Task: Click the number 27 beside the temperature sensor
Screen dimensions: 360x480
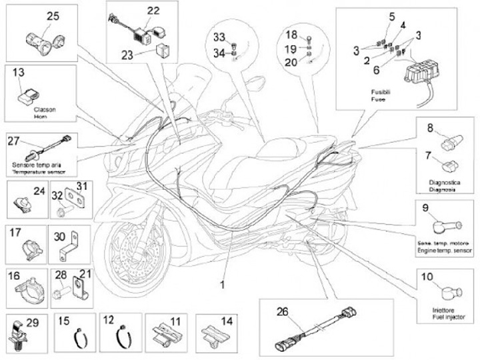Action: click(x=15, y=141)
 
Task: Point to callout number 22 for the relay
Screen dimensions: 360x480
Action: click(x=153, y=11)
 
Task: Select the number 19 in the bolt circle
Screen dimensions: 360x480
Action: click(x=291, y=49)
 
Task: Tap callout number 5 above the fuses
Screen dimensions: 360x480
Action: click(x=391, y=16)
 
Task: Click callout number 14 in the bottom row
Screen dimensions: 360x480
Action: click(x=227, y=320)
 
